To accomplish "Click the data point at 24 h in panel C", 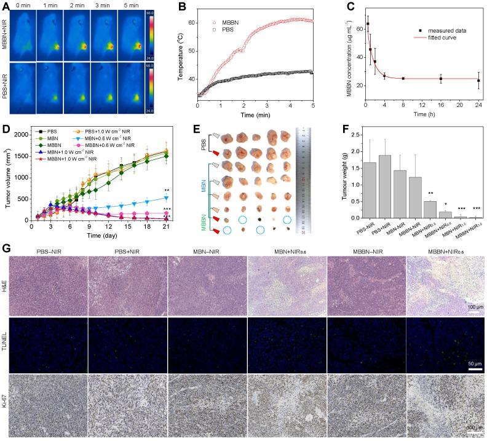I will point(478,81).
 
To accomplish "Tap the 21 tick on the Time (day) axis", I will point(167,227).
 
